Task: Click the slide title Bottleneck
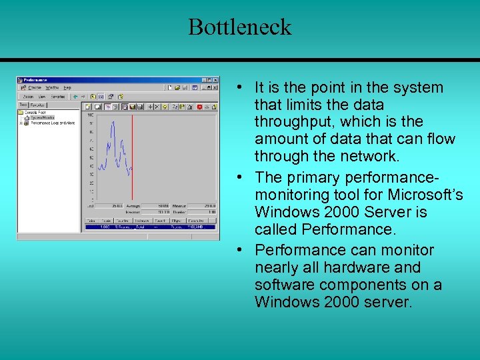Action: point(239,27)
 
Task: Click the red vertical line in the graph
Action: point(132,153)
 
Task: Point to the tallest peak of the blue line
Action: point(113,123)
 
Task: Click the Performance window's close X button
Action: point(215,79)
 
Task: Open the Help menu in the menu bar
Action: point(67,87)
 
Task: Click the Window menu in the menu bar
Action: point(51,87)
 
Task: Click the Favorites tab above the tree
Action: point(38,105)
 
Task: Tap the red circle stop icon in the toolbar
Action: point(199,106)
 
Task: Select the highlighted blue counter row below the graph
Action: point(151,227)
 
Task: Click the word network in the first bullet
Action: point(368,157)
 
